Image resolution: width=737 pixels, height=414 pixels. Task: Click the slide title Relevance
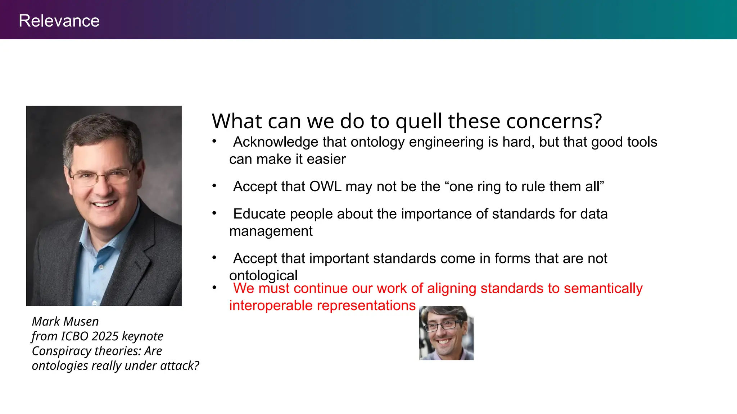coord(59,21)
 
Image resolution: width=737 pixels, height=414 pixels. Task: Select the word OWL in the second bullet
coord(325,187)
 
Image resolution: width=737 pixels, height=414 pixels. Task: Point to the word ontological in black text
coord(263,276)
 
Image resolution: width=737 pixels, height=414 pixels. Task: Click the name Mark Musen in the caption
coord(65,321)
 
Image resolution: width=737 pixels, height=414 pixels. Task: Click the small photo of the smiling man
coord(446,333)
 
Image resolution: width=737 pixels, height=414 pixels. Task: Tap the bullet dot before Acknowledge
coord(214,141)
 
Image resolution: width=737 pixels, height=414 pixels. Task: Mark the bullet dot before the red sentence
coord(214,287)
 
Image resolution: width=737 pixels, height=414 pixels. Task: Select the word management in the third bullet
coord(271,231)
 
